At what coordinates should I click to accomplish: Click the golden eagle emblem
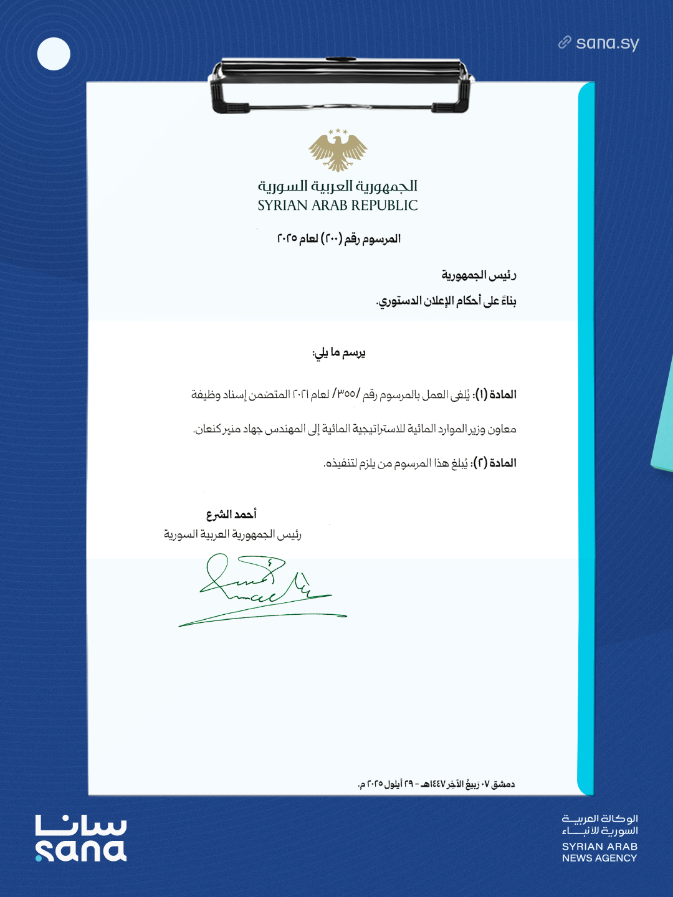338,150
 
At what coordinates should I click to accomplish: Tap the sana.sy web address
608,43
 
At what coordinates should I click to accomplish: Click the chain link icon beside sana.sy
565,42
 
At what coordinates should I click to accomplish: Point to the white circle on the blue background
54,54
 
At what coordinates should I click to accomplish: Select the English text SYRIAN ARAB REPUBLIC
338,206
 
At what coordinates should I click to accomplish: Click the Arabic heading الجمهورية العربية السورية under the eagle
338,186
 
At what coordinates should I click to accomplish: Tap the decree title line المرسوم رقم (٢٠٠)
338,239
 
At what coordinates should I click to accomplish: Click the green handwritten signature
262,589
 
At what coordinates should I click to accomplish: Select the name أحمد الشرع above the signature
231,514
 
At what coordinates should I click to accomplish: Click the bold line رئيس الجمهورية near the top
479,275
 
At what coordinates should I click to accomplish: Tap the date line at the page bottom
436,784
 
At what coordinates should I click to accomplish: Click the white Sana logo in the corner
80,838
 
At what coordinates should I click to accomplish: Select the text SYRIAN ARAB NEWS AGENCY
599,852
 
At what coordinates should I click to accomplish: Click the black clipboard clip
340,85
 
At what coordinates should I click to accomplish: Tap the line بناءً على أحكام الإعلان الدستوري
446,301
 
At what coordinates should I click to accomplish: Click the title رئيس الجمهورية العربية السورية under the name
232,534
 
